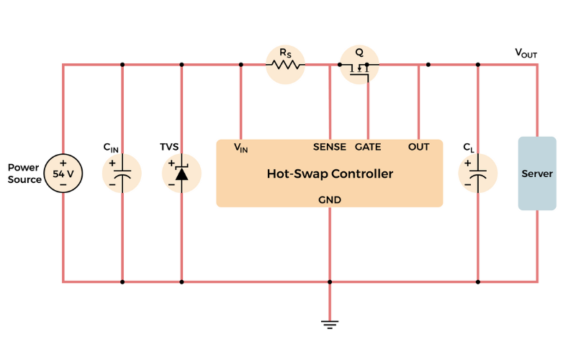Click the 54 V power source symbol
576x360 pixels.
(63, 174)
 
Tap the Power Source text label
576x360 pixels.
(24, 174)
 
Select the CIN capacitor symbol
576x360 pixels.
(122, 174)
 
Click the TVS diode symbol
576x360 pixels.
(181, 174)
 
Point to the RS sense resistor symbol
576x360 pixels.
(285, 65)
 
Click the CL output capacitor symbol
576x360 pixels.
(478, 174)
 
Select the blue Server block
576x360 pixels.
(537, 174)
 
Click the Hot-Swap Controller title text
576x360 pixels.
(330, 174)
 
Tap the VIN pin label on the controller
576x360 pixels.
(240, 148)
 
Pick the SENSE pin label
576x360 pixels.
(330, 147)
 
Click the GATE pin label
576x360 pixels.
(368, 147)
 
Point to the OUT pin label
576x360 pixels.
(418, 147)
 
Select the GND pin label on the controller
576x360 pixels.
(330, 199)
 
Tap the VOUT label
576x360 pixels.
(526, 53)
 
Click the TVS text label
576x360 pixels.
(169, 147)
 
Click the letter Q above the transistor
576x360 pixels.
(359, 53)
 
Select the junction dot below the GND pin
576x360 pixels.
(330, 282)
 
